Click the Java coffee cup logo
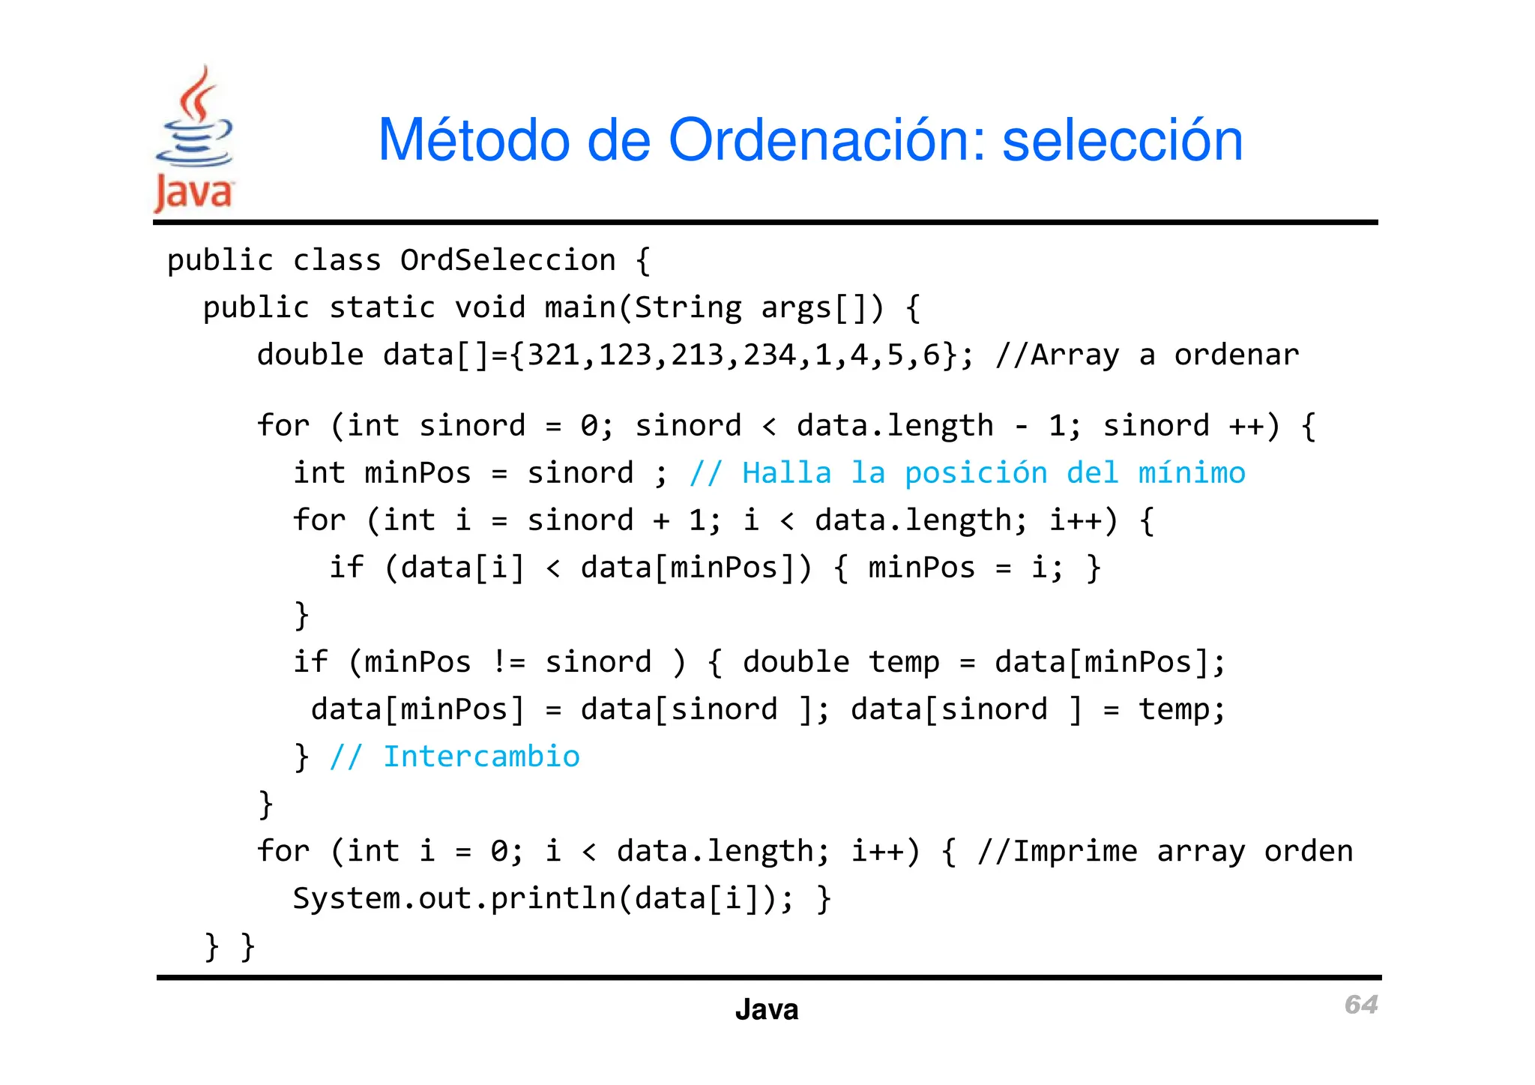point(194,139)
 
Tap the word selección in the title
point(1122,140)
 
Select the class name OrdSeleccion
point(507,260)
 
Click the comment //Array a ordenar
point(1147,355)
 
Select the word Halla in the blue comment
point(786,473)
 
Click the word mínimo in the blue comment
point(1192,473)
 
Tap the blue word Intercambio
point(481,757)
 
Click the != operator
point(509,662)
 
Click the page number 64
point(1360,1004)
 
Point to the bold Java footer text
point(766,1009)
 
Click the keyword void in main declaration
point(489,307)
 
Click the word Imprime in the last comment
point(1075,851)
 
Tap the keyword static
point(382,307)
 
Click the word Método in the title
point(473,140)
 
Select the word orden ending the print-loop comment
point(1309,851)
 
